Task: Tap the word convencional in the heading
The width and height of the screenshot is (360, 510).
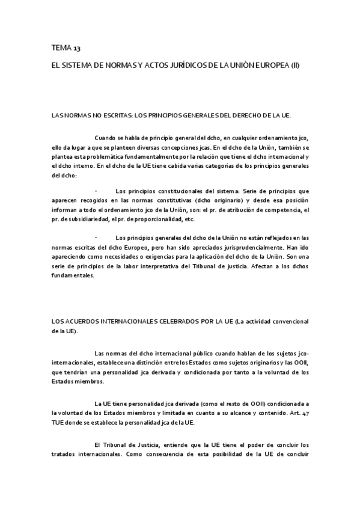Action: tap(288, 322)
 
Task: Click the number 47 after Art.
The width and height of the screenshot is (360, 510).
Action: tap(305, 413)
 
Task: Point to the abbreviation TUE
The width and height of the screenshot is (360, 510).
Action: tap(59, 422)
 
